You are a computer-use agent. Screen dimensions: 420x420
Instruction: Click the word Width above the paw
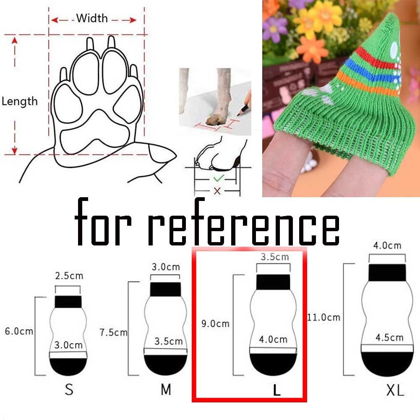tap(92, 18)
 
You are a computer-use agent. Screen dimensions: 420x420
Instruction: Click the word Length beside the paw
tap(19, 101)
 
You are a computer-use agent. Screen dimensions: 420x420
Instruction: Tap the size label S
tap(69, 389)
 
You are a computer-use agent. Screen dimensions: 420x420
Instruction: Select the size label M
tap(166, 389)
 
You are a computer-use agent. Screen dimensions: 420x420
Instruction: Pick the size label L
tap(276, 390)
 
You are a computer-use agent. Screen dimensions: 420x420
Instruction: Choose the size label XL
tap(395, 390)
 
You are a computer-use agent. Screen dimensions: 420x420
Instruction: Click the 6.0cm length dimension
tap(18, 331)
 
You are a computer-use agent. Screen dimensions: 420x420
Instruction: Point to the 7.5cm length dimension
tap(113, 332)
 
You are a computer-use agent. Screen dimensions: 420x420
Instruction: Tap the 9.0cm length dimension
tap(216, 323)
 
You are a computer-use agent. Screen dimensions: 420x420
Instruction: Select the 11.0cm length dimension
tap(323, 317)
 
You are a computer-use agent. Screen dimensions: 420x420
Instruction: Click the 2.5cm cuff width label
tap(69, 276)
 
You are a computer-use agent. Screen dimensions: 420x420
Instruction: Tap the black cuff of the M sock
tap(165, 289)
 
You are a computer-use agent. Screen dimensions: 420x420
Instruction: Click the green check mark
tap(218, 178)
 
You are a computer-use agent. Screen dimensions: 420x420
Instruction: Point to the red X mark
tap(217, 191)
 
